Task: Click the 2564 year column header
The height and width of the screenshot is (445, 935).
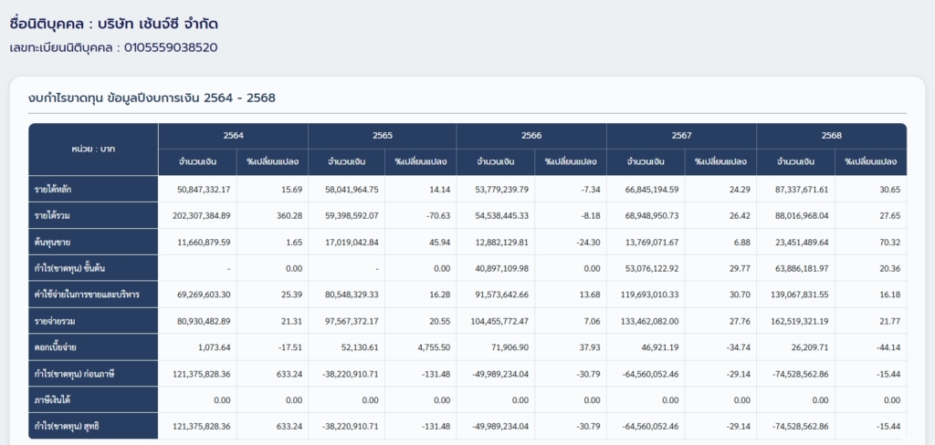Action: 233,135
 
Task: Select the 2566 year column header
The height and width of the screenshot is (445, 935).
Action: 531,135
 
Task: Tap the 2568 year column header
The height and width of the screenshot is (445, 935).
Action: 831,135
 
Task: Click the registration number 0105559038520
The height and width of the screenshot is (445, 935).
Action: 171,47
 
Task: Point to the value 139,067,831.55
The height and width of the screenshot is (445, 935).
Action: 795,295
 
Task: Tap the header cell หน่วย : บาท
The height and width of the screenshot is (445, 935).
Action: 93,149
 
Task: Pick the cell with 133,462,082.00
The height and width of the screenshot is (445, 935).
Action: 646,321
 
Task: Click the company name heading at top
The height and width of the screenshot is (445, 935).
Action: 114,25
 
